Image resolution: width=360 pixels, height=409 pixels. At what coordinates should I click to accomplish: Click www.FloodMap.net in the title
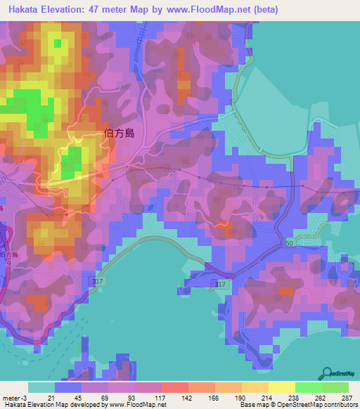point(210,9)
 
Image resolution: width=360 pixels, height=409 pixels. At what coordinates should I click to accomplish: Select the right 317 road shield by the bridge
point(221,284)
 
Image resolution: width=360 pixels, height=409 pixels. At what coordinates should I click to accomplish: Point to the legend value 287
point(347,398)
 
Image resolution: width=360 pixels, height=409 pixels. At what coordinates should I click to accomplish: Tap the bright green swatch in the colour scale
point(308,387)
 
